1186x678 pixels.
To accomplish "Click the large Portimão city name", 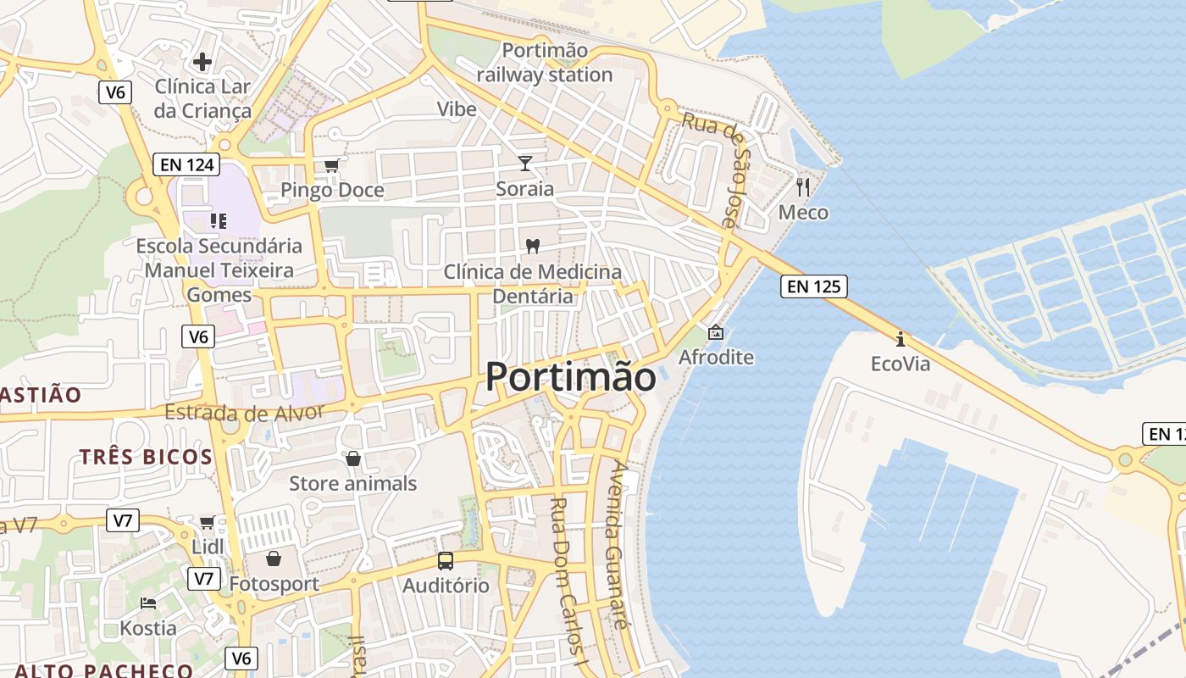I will tap(570, 377).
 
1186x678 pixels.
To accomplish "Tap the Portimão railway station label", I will tap(544, 63).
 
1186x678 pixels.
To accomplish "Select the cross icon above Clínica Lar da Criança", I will tap(202, 61).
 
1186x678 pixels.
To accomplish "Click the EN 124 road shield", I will tap(186, 164).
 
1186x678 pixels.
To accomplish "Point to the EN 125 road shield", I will tap(813, 286).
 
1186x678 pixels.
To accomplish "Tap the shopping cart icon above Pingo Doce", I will tap(331, 165).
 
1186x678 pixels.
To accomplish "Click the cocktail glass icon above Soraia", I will tap(525, 163).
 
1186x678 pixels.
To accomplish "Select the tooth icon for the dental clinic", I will tap(533, 247).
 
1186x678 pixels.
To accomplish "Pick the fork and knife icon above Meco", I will tap(803, 186).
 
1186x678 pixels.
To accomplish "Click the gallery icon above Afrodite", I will tap(716, 331).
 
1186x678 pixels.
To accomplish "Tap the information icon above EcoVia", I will tap(901, 340).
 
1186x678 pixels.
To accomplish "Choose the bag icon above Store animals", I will tap(353, 458).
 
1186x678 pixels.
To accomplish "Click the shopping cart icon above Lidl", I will tap(207, 522).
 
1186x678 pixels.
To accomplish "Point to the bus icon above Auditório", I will tap(446, 560).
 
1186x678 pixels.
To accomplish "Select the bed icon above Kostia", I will tap(148, 603).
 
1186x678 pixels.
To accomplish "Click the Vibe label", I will tap(457, 109).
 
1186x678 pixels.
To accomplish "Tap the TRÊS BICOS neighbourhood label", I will tap(147, 457).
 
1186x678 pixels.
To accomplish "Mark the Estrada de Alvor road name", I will tap(245, 413).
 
